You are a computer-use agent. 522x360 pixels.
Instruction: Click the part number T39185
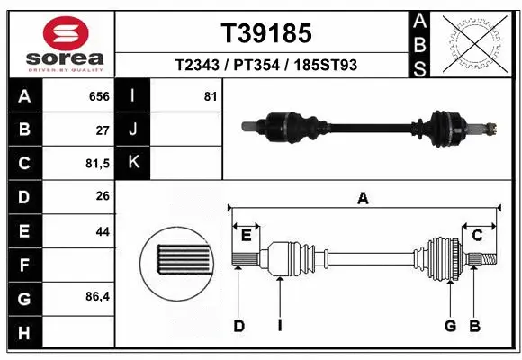[x=266, y=33]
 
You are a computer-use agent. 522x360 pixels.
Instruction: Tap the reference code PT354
[x=256, y=66]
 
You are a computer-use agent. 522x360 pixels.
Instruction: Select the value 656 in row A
[x=99, y=96]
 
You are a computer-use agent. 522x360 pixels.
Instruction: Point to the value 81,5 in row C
[x=95, y=164]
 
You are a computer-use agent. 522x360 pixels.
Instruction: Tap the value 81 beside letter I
[x=210, y=96]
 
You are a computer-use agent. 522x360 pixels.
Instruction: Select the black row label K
[x=133, y=163]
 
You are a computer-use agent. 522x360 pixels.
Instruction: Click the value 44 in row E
[x=102, y=230]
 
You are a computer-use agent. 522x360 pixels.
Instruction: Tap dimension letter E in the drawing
[x=245, y=236]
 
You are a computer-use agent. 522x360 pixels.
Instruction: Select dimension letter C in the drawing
[x=478, y=236]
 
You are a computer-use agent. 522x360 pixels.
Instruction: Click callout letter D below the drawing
[x=238, y=326]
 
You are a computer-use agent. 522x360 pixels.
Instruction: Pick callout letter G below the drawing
[x=449, y=326]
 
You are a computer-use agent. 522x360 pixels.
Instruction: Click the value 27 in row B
[x=102, y=130]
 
